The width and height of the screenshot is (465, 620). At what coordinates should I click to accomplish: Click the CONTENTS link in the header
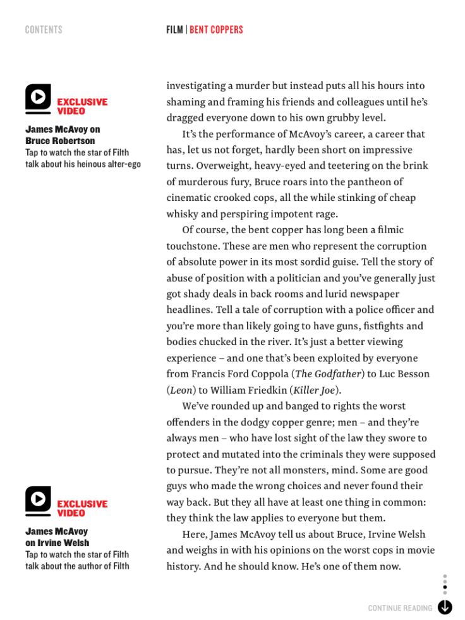pos(44,30)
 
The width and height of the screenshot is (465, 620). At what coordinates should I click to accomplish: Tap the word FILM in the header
pos(174,30)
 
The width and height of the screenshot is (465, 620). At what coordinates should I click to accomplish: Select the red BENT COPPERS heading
pos(216,30)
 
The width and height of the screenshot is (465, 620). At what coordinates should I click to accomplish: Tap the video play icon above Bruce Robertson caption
pos(38,98)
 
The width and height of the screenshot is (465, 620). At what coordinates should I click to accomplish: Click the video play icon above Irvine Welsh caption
pos(38,500)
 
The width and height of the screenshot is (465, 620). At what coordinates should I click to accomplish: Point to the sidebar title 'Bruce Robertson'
pos(60,141)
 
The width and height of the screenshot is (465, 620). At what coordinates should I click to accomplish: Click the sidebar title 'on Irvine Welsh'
pos(57,543)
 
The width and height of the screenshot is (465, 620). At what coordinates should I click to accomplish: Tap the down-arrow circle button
pos(445,607)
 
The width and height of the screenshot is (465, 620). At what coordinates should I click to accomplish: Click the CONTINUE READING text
pos(400,608)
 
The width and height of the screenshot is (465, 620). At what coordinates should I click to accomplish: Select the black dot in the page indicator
pos(445,587)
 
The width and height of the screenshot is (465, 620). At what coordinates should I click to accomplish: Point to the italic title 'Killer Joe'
pos(314,390)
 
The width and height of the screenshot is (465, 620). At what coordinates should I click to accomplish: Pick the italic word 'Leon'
pos(181,390)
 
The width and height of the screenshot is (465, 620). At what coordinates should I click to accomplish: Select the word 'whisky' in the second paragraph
pos(181,214)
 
